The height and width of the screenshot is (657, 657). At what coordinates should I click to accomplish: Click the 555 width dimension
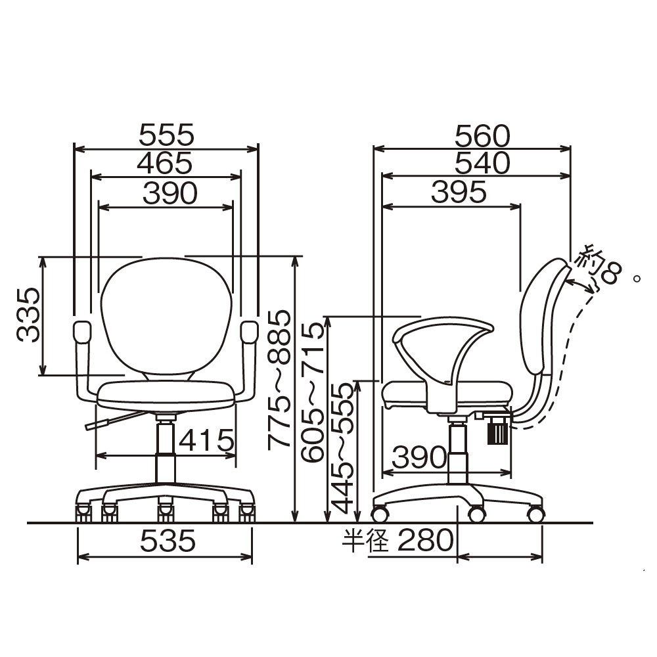click(x=167, y=135)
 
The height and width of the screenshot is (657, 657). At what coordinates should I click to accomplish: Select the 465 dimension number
click(x=165, y=163)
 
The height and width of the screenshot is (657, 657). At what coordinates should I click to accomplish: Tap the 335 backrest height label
click(x=28, y=315)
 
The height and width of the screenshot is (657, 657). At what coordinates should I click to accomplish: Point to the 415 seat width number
click(x=206, y=440)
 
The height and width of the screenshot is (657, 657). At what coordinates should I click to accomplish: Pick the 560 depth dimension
click(x=483, y=136)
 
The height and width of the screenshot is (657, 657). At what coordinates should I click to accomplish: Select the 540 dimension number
click(x=483, y=163)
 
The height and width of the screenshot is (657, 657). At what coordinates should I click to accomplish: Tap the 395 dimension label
click(x=459, y=193)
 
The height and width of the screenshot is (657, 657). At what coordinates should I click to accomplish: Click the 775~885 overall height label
click(x=279, y=380)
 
